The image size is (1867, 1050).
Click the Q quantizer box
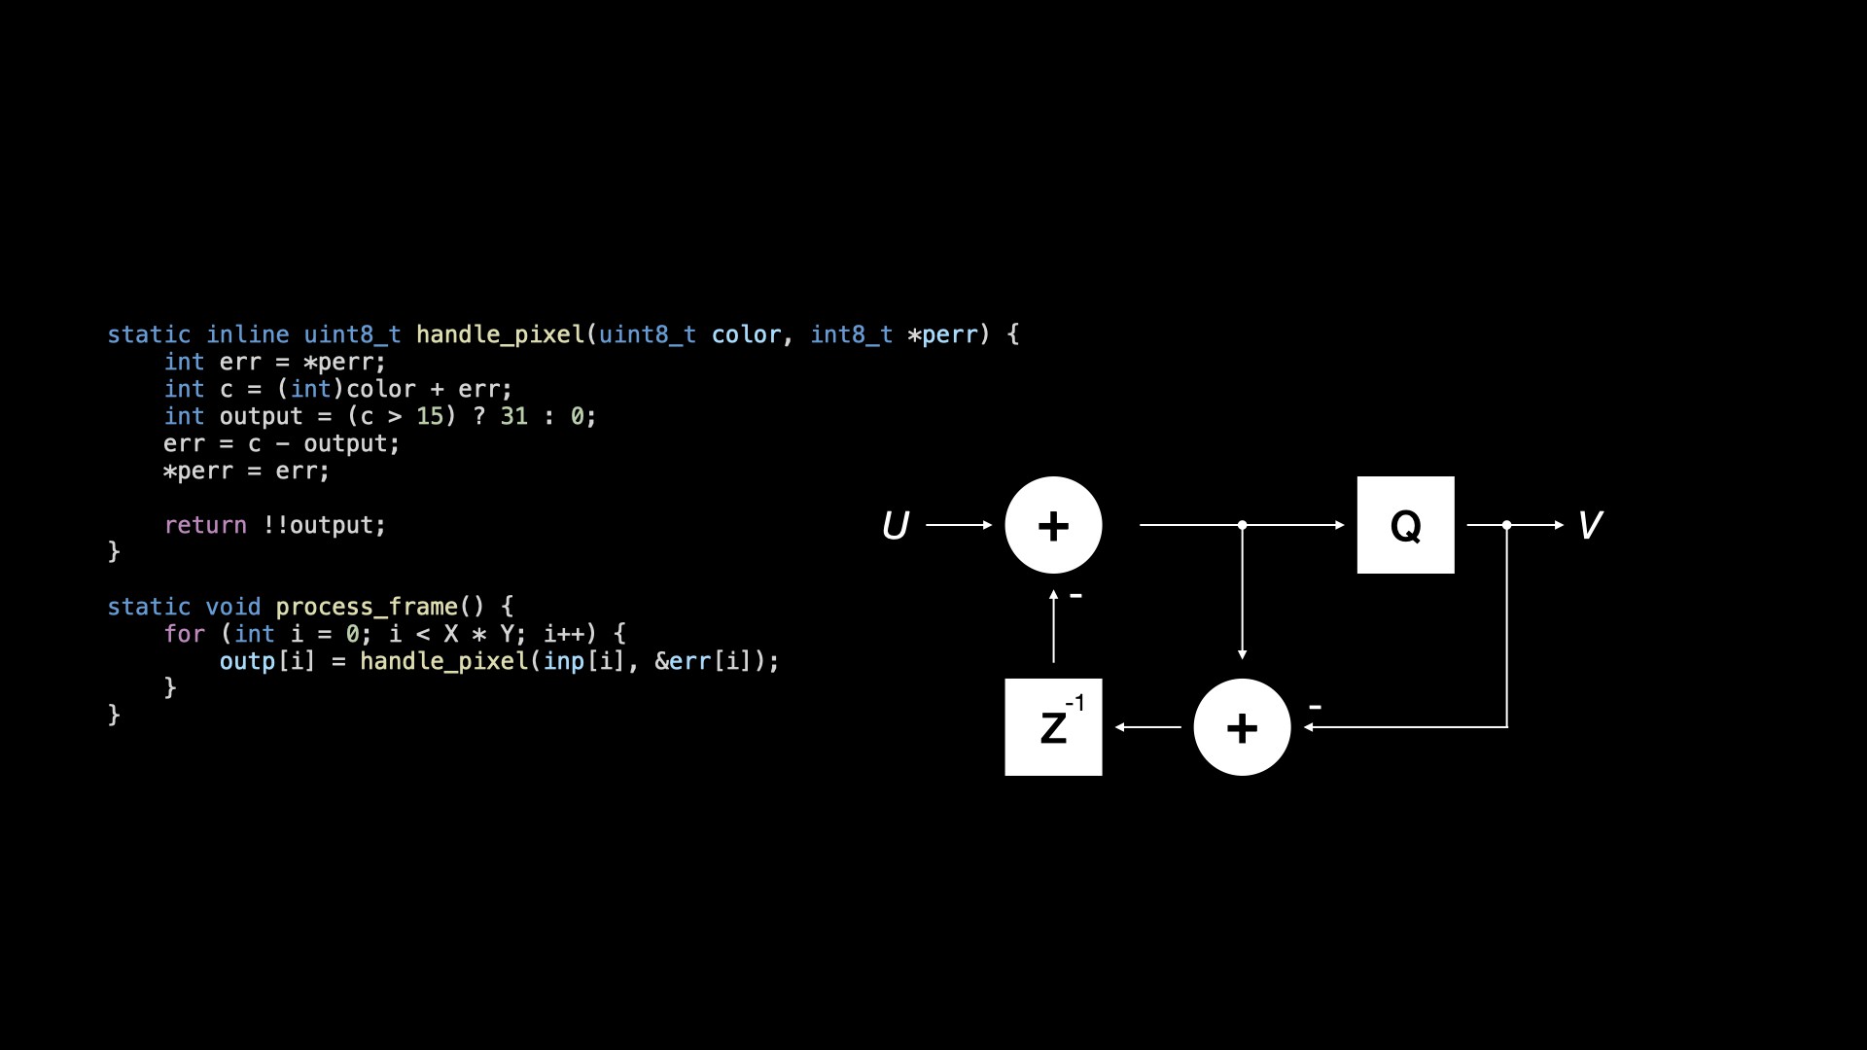pyautogui.click(x=1405, y=525)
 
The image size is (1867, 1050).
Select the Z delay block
pyautogui.click(x=1053, y=727)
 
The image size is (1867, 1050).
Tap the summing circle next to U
pyautogui.click(x=1053, y=525)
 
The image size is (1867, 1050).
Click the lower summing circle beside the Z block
pyautogui.click(x=1242, y=727)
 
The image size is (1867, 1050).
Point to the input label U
pyautogui.click(x=895, y=526)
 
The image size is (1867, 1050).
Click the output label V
pyautogui.click(x=1589, y=526)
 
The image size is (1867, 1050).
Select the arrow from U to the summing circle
pyautogui.click(x=959, y=525)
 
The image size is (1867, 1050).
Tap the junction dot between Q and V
pyautogui.click(x=1506, y=525)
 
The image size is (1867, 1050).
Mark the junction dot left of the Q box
pyautogui.click(x=1242, y=525)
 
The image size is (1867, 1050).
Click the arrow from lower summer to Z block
pyautogui.click(x=1148, y=727)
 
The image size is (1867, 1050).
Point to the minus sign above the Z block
pyautogui.click(x=1075, y=595)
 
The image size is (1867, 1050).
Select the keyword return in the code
pyautogui.click(x=205, y=525)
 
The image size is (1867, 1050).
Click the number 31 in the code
pyautogui.click(x=513, y=416)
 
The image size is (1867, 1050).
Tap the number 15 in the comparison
pyautogui.click(x=430, y=416)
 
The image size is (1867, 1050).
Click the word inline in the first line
pyautogui.click(x=247, y=334)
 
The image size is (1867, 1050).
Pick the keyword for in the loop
pyautogui.click(x=184, y=634)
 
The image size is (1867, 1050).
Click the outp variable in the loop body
pyautogui.click(x=247, y=661)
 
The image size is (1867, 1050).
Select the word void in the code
pyautogui.click(x=233, y=607)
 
